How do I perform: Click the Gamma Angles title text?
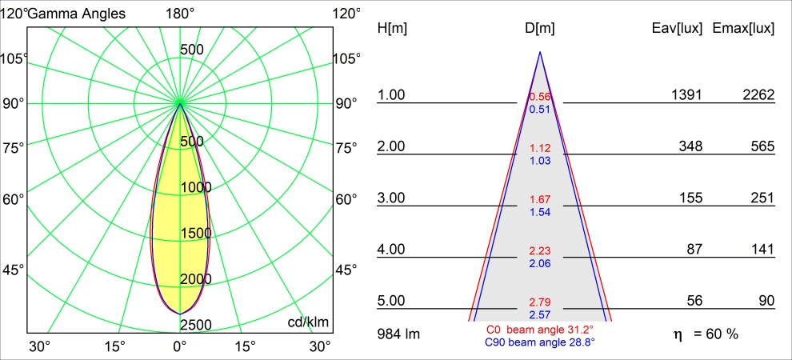pos(76,13)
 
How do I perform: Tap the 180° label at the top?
pos(180,13)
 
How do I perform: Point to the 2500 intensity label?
pos(196,324)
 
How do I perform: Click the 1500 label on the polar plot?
pos(196,233)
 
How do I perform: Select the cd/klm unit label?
pos(309,322)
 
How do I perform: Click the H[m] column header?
pos(392,28)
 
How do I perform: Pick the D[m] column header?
pos(540,28)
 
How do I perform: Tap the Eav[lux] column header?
pos(678,28)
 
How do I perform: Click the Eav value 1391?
pos(686,95)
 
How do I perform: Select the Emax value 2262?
pos(758,95)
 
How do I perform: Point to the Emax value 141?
pos(763,250)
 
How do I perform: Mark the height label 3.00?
pos(392,198)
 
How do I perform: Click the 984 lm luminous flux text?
pos(398,333)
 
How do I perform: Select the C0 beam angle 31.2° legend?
pos(539,330)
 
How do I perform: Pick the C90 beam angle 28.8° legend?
pos(539,342)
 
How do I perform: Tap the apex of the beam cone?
pos(540,53)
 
